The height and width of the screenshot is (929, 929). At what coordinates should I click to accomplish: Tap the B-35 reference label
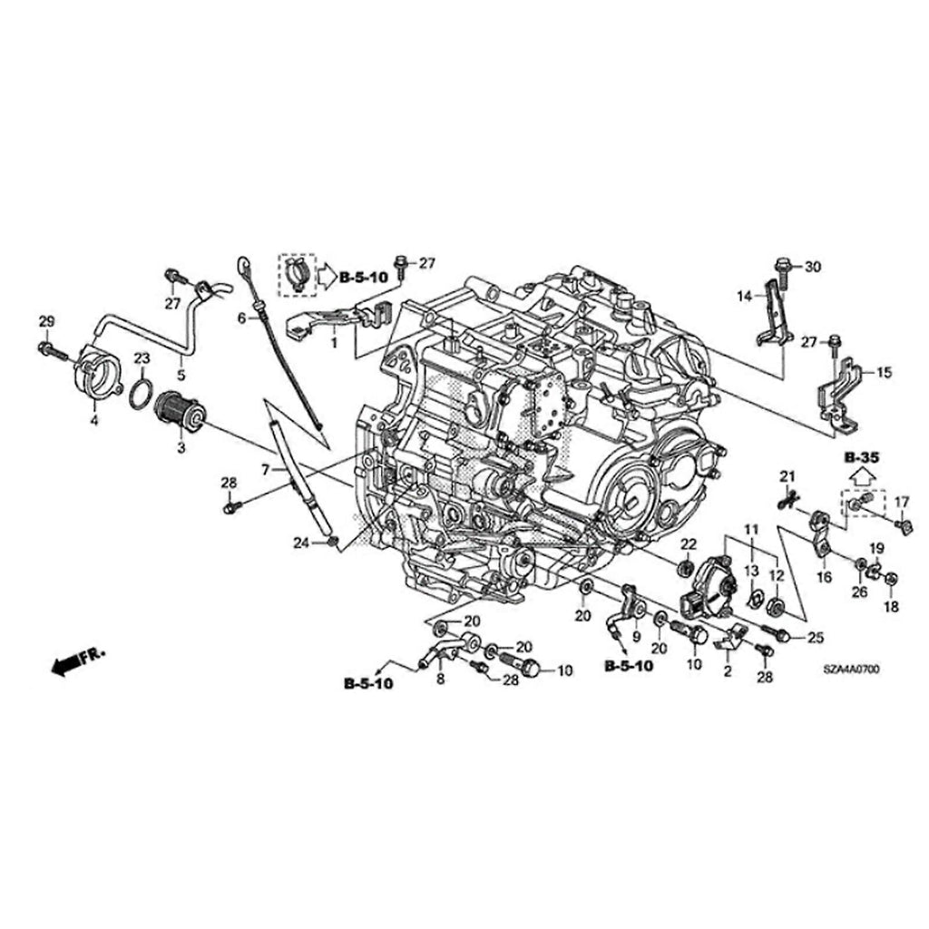pos(860,459)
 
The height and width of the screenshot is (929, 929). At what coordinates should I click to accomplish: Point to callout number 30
pos(812,266)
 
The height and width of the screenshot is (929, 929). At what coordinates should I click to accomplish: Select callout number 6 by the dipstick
pos(241,318)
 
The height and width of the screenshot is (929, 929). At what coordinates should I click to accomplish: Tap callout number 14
pos(744,296)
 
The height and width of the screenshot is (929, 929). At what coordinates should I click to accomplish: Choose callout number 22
pos(688,543)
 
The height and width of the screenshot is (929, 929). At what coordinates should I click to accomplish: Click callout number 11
pos(751,529)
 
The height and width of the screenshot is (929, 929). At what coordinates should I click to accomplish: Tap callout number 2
pos(727,671)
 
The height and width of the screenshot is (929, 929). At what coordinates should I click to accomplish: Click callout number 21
pos(787,476)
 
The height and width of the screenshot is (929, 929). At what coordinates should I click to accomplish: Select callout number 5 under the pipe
pos(180,373)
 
